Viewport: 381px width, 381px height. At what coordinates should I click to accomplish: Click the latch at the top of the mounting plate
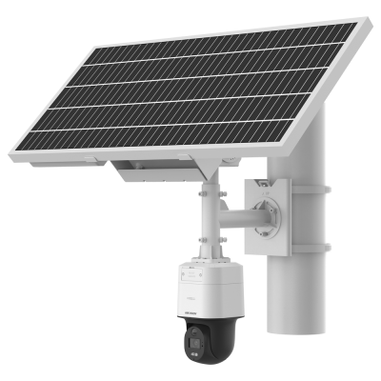coord(260,179)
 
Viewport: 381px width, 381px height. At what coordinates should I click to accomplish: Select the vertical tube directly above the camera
coord(208,224)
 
